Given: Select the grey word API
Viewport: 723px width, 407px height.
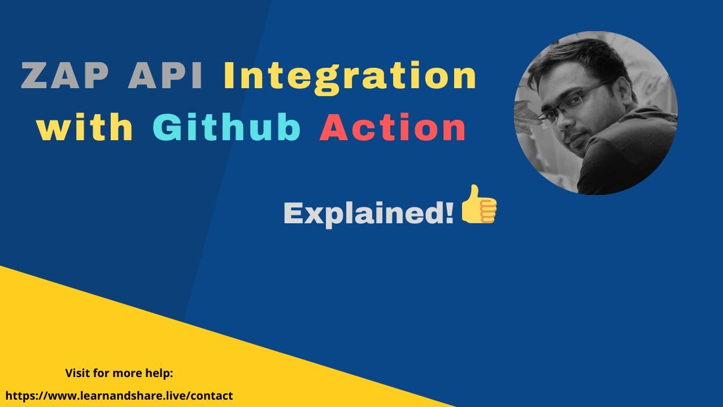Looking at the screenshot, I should click(x=166, y=77).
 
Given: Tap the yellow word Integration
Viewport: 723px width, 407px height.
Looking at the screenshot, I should click(x=350, y=77).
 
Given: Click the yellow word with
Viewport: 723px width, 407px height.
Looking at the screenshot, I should click(x=85, y=128).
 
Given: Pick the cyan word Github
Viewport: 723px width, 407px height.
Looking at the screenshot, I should click(x=227, y=128).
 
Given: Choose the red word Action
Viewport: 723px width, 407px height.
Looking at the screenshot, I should click(x=393, y=128).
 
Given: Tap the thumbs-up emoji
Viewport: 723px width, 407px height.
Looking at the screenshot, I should click(x=479, y=204).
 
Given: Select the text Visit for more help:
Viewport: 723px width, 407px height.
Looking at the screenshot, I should click(x=119, y=373).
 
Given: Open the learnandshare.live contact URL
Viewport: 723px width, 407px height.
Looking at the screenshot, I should click(x=119, y=396).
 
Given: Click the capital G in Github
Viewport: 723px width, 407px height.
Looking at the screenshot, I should click(x=168, y=128).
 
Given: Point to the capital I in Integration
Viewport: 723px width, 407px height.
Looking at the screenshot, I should click(x=230, y=77).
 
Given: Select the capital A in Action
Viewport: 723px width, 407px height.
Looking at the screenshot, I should click(x=334, y=128).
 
